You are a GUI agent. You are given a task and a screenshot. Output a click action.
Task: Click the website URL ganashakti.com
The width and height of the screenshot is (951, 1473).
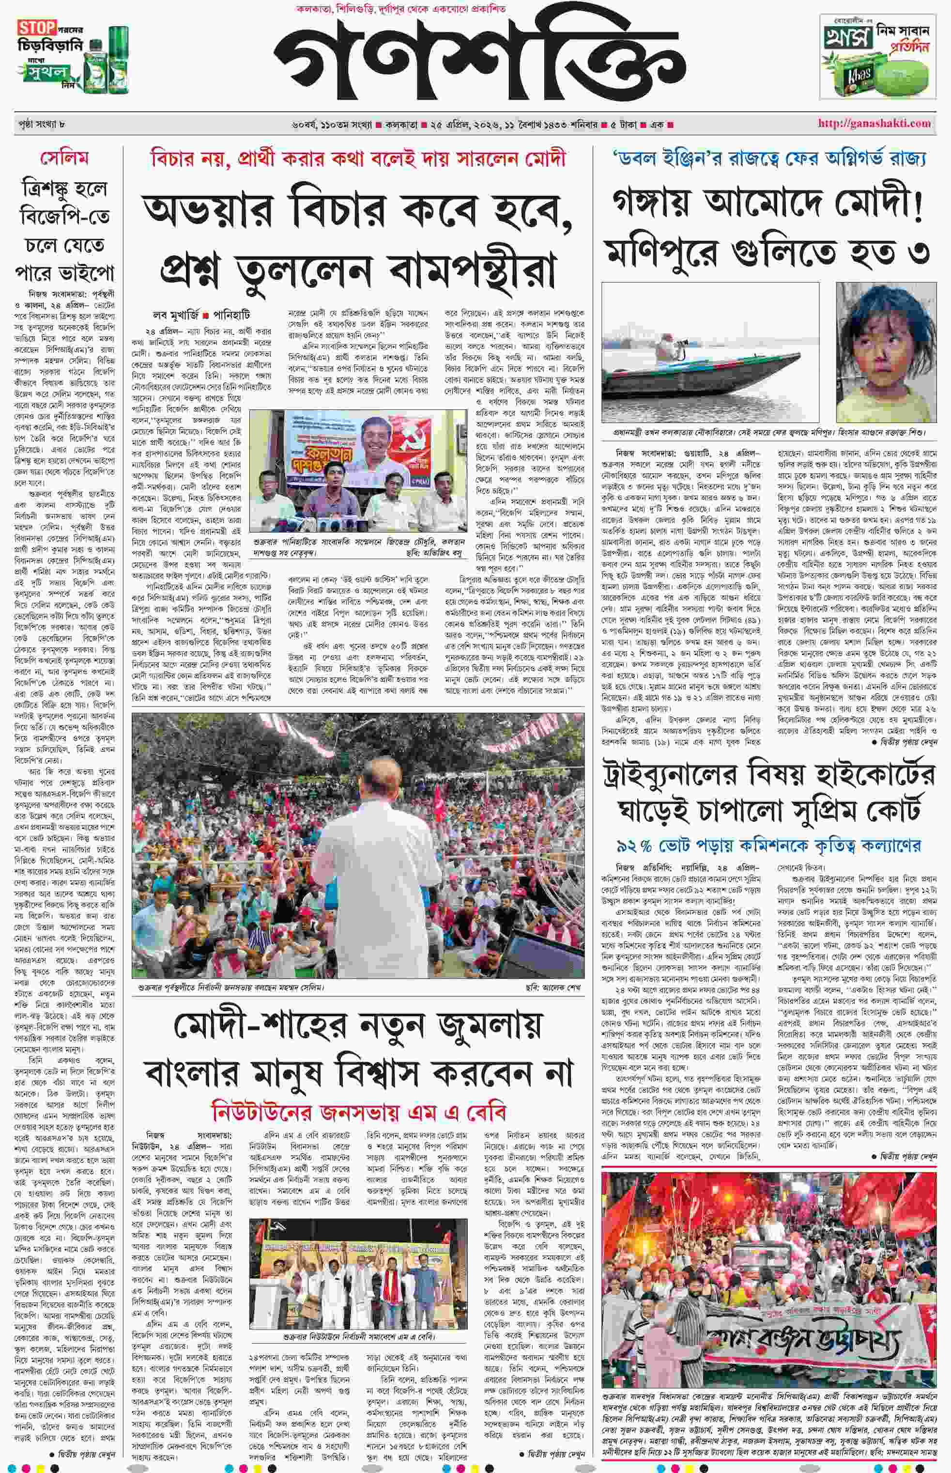(x=874, y=124)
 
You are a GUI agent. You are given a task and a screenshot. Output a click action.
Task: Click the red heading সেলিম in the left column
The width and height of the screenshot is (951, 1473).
(x=64, y=158)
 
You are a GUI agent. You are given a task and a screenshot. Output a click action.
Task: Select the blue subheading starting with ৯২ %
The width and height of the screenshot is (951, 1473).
(x=768, y=845)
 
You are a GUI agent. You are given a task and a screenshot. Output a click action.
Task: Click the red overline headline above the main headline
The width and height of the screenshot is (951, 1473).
(x=358, y=159)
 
